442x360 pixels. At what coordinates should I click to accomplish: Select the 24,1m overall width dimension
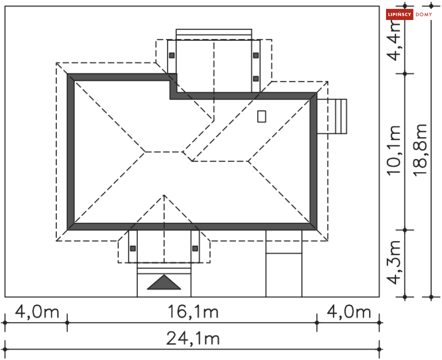tap(193, 339)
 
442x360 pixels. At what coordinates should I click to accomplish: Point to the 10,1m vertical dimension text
tap(395, 151)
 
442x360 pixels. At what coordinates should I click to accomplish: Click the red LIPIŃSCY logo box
tap(400, 15)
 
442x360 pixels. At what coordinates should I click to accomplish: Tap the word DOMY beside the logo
tap(424, 15)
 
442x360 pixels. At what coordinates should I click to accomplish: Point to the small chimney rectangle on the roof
tap(262, 116)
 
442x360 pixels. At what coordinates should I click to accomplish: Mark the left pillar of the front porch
tap(132, 248)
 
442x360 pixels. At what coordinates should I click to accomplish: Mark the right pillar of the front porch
tap(195, 248)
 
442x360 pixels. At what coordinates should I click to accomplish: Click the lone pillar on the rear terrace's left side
tap(171, 56)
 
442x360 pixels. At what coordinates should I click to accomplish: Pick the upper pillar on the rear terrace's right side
tap(256, 55)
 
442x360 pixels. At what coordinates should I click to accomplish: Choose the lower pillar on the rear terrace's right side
tap(256, 79)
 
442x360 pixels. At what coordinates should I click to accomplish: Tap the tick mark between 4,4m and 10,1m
tap(405, 73)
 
